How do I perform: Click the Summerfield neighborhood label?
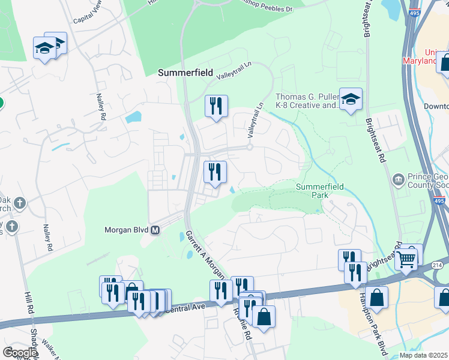pos(185,72)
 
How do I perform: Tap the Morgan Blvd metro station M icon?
pos(155,230)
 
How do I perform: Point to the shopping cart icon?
pos(406,259)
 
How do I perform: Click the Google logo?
pos(20,352)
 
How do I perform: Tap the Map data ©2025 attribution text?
pos(423,355)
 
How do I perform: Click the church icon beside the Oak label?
pos(20,203)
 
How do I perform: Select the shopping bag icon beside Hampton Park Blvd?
pos(376,297)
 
